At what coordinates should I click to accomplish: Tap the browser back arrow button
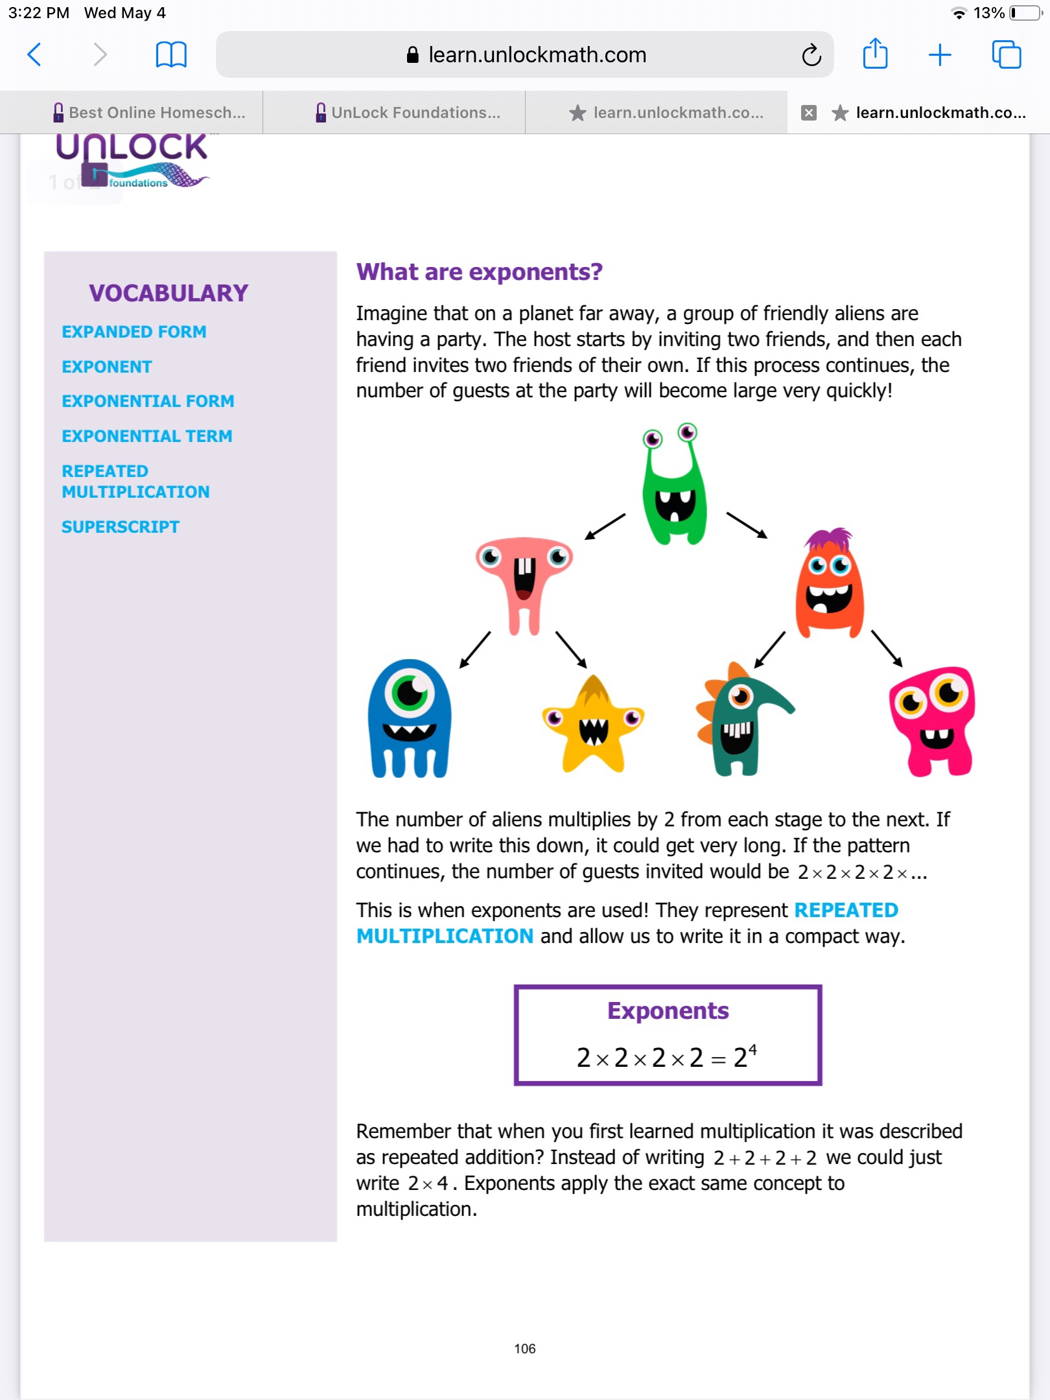click(x=35, y=54)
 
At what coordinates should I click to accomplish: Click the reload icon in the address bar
click(x=811, y=55)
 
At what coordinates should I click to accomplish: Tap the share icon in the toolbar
click(x=875, y=54)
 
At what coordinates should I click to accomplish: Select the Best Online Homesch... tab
click(x=149, y=113)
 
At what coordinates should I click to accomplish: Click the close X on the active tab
click(x=808, y=113)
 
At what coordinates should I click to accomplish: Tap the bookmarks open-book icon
click(x=171, y=54)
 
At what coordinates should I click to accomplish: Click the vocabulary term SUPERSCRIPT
click(x=121, y=527)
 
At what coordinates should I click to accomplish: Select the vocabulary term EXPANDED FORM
click(x=134, y=332)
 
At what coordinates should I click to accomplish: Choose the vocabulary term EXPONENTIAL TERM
click(x=147, y=436)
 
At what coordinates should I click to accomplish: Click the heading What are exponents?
click(x=479, y=272)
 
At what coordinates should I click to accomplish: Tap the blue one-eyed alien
click(x=409, y=719)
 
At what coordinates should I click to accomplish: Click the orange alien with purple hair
click(x=829, y=583)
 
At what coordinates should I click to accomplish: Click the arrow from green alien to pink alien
click(x=605, y=526)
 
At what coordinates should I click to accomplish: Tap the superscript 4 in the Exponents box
click(x=752, y=1048)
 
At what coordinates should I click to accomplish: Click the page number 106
click(x=524, y=1349)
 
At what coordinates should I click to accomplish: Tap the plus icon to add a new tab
click(x=939, y=54)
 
